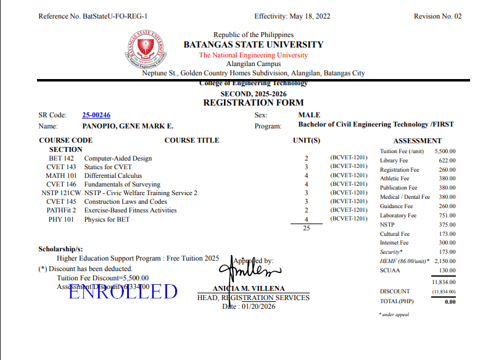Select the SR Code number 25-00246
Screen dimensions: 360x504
tap(96, 115)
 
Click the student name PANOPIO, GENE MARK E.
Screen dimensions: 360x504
tap(128, 126)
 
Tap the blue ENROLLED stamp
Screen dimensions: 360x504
tap(123, 291)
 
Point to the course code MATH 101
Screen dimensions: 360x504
tap(60, 176)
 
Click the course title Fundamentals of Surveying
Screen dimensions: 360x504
tap(122, 185)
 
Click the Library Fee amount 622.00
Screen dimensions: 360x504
tap(447, 161)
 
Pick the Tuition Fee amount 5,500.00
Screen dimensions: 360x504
tap(445, 151)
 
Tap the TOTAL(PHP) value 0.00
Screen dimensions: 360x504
tap(450, 302)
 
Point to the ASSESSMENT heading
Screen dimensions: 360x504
tap(417, 141)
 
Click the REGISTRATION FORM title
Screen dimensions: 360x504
tap(254, 103)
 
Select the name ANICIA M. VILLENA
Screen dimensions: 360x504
tap(249, 289)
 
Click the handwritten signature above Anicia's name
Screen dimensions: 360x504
tap(253, 270)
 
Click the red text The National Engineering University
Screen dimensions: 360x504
tap(253, 56)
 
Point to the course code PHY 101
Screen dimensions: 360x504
tap(61, 219)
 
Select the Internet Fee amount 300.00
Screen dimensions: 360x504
tap(447, 243)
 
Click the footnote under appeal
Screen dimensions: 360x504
tap(394, 315)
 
